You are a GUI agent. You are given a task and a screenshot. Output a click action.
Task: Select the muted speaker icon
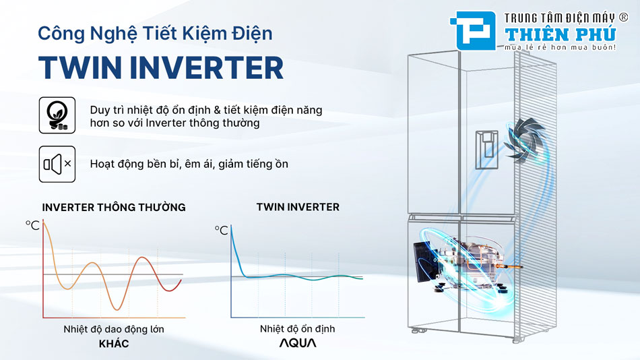[x=57, y=164]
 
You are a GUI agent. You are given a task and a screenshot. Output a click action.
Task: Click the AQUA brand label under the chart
[x=298, y=343]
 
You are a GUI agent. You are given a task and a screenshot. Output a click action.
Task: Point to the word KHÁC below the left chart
[x=113, y=344]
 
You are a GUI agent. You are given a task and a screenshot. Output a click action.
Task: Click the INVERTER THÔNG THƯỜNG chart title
[x=113, y=207]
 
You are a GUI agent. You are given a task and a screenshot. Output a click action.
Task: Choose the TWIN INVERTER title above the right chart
[x=298, y=207]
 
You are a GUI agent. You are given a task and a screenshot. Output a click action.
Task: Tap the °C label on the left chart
[x=33, y=225]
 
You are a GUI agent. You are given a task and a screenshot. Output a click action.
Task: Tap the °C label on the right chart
[x=222, y=231]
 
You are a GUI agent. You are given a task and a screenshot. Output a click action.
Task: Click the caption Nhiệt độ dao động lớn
[x=113, y=330]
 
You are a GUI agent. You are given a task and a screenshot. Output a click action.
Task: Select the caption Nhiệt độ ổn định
[x=298, y=330]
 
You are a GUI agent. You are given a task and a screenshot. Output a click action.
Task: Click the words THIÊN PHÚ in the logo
[x=561, y=34]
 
